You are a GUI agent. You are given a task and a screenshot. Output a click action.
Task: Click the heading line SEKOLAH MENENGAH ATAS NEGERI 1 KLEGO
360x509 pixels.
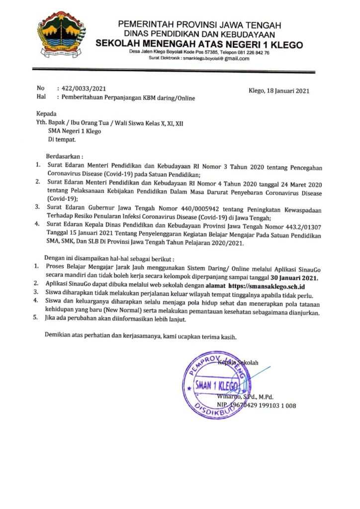(199, 44)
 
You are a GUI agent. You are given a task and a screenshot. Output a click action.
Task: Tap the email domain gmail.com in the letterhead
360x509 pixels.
(237, 58)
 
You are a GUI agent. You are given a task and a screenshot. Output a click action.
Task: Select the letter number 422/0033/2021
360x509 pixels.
(82, 88)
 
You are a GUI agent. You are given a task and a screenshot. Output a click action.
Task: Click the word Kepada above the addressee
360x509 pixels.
(47, 113)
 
